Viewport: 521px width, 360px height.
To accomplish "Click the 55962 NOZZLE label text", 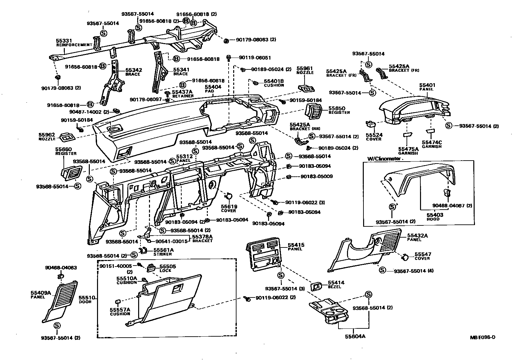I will click(x=47, y=137).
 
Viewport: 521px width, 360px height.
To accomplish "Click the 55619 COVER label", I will click(x=229, y=208).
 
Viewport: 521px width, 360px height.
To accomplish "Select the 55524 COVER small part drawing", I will click(x=371, y=124).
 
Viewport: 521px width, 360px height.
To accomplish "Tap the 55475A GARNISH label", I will click(x=408, y=151).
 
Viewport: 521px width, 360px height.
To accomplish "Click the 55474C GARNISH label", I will click(x=432, y=144).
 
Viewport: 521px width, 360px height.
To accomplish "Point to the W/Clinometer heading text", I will click(x=384, y=159).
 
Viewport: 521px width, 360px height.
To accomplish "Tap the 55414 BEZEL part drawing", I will click(x=316, y=287).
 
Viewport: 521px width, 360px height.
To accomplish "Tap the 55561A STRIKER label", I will click(x=163, y=252).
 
